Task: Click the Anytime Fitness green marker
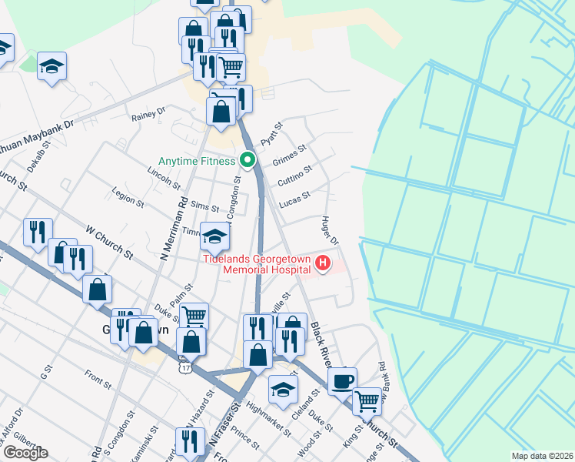pos(248,161)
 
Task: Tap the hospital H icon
pos(323,264)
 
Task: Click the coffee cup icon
pos(342,380)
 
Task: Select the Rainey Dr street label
pos(148,115)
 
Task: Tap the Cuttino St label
pos(294,175)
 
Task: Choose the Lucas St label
pos(294,198)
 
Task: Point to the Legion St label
pos(128,197)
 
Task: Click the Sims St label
pos(204,207)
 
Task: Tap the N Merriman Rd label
pos(173,228)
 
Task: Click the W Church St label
pos(109,242)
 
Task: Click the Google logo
pos(25,452)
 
